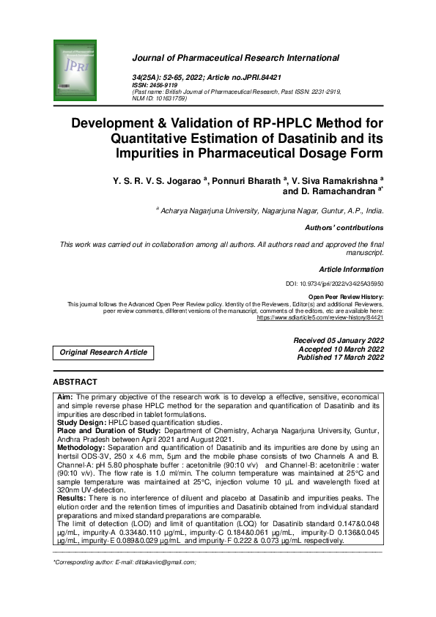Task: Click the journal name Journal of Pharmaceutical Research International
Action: click(235, 58)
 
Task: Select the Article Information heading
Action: click(351, 269)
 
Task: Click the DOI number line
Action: click(334, 283)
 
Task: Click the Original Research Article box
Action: click(103, 352)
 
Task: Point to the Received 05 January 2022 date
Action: click(339, 341)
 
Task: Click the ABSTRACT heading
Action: click(75, 382)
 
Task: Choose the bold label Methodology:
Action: click(82, 447)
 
